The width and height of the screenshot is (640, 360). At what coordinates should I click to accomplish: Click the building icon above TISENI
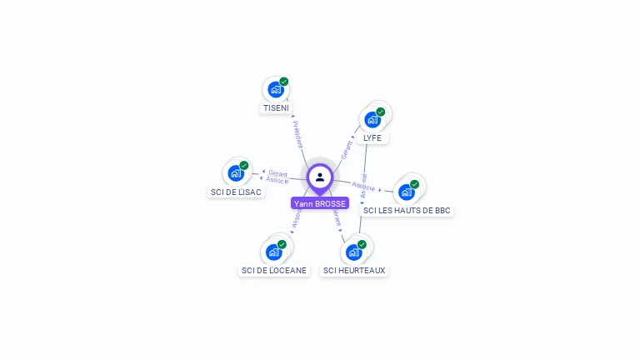275,90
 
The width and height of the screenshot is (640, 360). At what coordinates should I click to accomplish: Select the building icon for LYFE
372,119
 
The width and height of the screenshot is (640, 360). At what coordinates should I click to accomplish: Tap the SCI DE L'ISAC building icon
236,173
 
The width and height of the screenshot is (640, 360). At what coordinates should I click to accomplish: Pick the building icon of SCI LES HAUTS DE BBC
407,192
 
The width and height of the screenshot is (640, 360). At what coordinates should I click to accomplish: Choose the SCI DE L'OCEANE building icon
273,252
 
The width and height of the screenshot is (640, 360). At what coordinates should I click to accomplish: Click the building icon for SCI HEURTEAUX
353,252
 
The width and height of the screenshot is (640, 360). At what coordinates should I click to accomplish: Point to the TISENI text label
276,108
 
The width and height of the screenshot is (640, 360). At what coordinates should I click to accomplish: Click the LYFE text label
372,138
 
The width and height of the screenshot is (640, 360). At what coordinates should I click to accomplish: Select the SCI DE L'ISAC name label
236,192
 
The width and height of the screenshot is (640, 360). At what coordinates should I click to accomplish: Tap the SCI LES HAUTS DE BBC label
407,211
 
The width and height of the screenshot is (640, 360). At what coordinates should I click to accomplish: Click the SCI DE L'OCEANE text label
274,270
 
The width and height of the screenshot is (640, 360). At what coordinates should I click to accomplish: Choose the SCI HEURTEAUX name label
354,270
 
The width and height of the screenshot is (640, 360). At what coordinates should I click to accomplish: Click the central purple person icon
320,177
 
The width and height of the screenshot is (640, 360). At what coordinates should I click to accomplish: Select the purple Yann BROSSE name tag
320,203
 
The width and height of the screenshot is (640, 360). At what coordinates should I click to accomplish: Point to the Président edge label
298,133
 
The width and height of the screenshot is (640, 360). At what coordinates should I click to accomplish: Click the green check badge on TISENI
284,82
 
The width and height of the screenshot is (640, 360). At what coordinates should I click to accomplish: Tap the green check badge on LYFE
381,112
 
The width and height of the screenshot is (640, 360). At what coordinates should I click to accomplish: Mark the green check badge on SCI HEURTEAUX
362,244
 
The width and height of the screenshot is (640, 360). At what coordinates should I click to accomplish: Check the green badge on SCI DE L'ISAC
244,165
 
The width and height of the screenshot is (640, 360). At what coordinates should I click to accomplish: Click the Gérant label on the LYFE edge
347,149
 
